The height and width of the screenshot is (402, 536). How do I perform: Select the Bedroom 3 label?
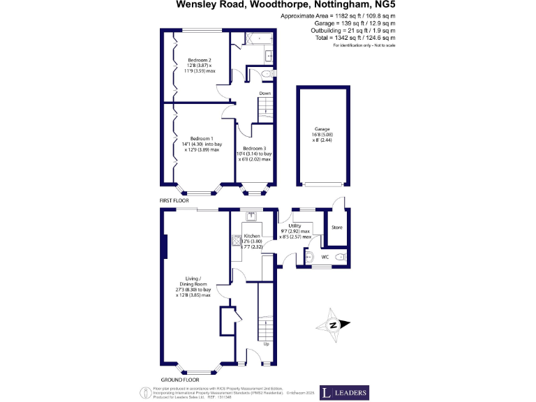coord(255,149)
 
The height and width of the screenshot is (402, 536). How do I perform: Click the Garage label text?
coord(322,130)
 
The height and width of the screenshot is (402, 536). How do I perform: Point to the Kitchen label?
coord(251,236)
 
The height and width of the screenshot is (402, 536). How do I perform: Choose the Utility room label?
coord(295,225)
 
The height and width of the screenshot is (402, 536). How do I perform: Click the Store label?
coord(337,228)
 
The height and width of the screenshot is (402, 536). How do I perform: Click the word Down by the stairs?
coord(265,93)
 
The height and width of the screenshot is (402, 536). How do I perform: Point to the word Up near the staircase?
coord(266,344)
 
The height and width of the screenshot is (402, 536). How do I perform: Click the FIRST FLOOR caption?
coord(174,200)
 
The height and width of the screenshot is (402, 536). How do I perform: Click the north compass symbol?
coord(334,324)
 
